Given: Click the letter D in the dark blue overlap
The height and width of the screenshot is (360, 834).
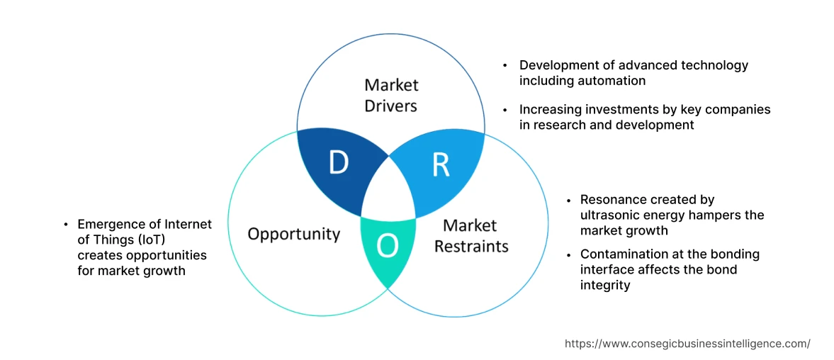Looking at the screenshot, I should coord(339,164).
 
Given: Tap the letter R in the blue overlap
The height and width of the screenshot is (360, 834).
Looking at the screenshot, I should coord(440,164).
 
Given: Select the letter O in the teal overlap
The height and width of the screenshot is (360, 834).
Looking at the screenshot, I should coord(388,245).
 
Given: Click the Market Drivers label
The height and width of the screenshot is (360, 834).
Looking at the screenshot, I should coord(391,96).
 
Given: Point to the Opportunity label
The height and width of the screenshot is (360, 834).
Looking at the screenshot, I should coord(293,234).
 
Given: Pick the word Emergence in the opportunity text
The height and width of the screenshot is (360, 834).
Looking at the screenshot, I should coord(107,224).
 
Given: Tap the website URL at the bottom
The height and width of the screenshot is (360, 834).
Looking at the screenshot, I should coord(687,344).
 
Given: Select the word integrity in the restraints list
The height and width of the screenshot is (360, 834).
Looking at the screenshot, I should coord(604,285).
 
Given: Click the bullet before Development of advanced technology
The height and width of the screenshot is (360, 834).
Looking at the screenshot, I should coord(505,65).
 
